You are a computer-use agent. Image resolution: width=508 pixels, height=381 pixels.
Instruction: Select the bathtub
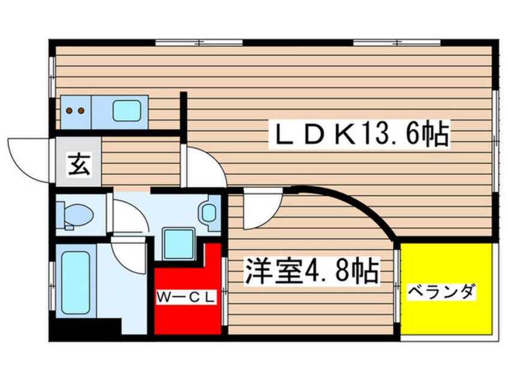(75, 283)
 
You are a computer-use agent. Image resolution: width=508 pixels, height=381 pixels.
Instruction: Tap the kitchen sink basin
(127, 111)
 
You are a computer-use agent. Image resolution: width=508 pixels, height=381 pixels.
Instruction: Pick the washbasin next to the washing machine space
(209, 212)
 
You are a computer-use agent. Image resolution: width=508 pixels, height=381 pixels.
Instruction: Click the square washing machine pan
(178, 243)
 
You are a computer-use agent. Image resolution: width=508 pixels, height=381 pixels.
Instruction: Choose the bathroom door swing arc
(130, 255)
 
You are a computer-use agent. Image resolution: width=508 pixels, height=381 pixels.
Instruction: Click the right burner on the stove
(79, 111)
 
